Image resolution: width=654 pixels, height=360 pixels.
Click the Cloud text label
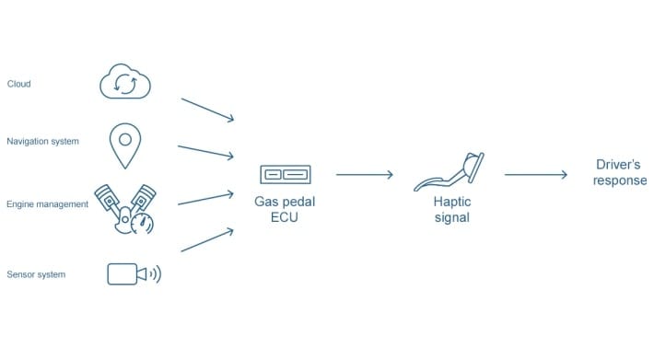click(18, 84)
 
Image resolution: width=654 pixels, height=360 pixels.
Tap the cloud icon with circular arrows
click(124, 83)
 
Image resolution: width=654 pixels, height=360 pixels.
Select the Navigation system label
click(42, 142)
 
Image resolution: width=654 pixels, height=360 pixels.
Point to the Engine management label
click(47, 204)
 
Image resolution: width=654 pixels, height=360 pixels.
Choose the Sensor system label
click(36, 274)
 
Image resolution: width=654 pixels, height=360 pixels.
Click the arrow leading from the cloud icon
click(207, 108)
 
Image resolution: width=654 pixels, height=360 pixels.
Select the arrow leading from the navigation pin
click(207, 151)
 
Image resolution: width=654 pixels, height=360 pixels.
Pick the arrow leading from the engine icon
click(207, 200)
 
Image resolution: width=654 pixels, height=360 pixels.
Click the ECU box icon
click(285, 174)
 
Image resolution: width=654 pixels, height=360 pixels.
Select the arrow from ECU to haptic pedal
click(365, 174)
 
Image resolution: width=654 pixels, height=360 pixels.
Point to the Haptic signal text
click(450, 210)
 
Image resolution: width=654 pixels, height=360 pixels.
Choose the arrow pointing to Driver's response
click(535, 174)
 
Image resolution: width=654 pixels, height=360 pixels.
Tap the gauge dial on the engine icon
click(143, 222)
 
